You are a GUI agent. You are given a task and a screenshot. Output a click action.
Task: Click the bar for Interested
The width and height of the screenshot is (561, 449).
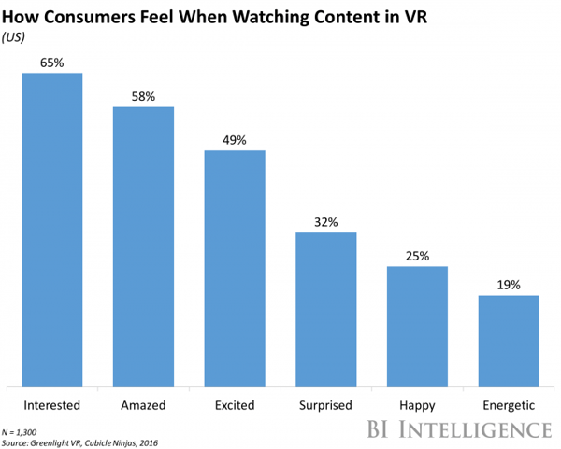tap(52, 229)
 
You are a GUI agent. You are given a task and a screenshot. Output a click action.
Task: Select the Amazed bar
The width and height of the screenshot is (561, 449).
tap(144, 246)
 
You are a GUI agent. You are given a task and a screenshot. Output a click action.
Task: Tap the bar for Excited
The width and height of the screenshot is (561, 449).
tap(235, 268)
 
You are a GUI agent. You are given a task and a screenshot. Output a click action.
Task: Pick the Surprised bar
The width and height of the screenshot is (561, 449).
tap(326, 309)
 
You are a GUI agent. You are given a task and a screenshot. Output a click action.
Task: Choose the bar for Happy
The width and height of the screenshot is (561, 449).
tap(418, 326)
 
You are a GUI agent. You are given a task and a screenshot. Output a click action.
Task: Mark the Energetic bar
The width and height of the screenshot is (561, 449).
tap(509, 340)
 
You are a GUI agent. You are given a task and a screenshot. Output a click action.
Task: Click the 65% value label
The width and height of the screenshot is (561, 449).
tap(52, 63)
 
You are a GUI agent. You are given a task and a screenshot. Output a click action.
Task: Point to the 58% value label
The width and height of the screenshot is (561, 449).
tap(144, 96)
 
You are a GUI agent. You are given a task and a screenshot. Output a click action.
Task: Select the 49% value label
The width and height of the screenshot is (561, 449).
tap(235, 140)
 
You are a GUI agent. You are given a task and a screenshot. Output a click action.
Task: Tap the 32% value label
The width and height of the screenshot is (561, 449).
tap(326, 222)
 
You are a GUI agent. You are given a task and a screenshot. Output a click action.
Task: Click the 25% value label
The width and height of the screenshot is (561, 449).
tap(418, 257)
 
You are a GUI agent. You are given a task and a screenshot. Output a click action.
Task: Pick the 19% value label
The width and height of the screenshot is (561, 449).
tap(509, 286)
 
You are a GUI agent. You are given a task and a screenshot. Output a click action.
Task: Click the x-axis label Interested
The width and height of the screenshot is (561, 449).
tap(52, 405)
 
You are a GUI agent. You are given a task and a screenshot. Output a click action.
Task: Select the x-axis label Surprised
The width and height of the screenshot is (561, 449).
tap(326, 405)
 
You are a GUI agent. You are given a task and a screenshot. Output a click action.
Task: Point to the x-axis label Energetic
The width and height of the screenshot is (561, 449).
tap(509, 405)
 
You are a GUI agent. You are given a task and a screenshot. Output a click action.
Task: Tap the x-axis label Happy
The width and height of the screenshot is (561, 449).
tap(418, 405)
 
